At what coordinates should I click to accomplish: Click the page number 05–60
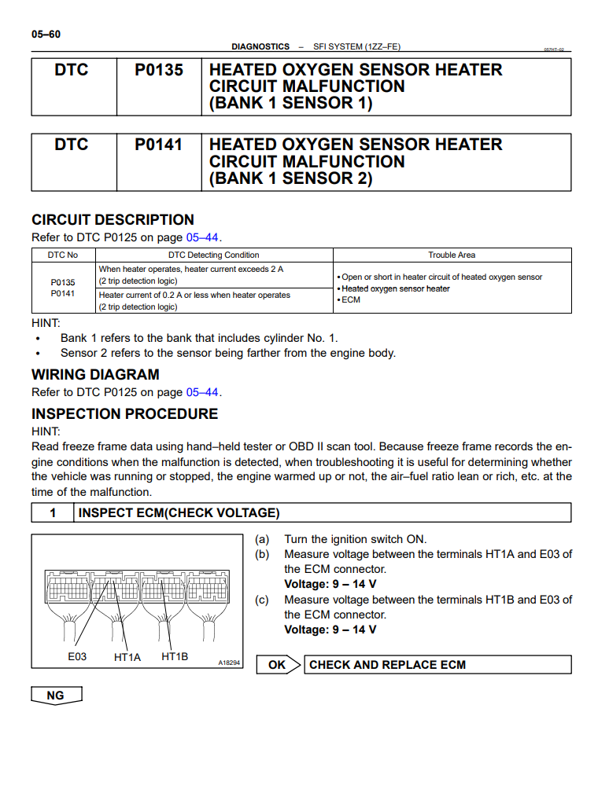tap(46, 34)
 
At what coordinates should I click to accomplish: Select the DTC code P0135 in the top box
tap(158, 70)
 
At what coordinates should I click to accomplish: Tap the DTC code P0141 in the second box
tap(158, 145)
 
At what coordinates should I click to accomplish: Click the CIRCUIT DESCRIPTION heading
tap(113, 220)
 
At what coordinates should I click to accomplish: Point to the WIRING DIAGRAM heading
tap(95, 375)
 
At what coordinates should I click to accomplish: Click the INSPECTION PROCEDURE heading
tap(124, 414)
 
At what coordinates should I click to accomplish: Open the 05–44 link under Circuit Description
tap(202, 237)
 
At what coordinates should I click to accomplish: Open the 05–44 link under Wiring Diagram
tap(202, 392)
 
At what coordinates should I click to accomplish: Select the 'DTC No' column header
tap(63, 255)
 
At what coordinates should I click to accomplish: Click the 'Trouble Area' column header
tap(452, 255)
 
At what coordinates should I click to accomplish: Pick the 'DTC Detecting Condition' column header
tap(213, 255)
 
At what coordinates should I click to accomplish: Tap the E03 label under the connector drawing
tap(77, 656)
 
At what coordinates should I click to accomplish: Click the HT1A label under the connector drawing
tap(127, 657)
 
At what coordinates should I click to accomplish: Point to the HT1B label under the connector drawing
tap(175, 656)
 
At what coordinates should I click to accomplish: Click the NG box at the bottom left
tap(56, 696)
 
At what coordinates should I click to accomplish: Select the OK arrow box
tap(278, 665)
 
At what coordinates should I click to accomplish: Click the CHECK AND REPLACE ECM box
tap(437, 665)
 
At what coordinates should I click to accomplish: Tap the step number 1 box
tap(53, 513)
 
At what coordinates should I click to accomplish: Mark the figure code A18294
tap(229, 663)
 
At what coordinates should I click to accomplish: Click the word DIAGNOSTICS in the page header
tap(260, 47)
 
